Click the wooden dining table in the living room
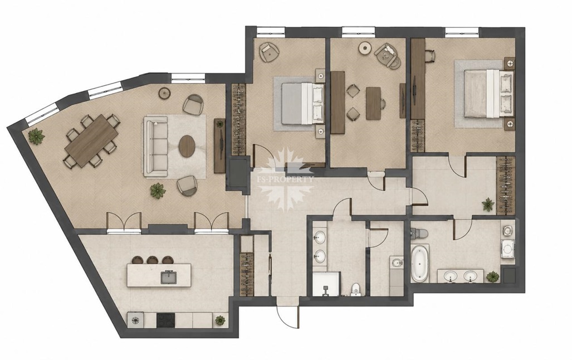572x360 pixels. (x=91, y=140)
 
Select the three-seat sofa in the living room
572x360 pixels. (x=155, y=147)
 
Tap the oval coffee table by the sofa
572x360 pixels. (x=187, y=146)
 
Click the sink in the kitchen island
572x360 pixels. (x=168, y=277)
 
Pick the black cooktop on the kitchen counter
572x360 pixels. (x=166, y=320)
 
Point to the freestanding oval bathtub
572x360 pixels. (x=420, y=263)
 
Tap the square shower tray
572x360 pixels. (x=326, y=284)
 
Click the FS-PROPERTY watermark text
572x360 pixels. (x=286, y=179)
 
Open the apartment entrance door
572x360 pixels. (x=288, y=317)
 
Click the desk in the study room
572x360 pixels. (x=374, y=103)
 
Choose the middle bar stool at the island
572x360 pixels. (x=151, y=260)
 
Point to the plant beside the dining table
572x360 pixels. (x=36, y=136)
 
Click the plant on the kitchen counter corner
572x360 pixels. (x=220, y=320)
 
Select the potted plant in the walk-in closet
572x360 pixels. (x=488, y=205)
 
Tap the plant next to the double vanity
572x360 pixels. (x=493, y=276)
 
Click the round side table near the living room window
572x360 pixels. (x=165, y=93)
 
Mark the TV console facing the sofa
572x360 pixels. (x=219, y=145)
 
